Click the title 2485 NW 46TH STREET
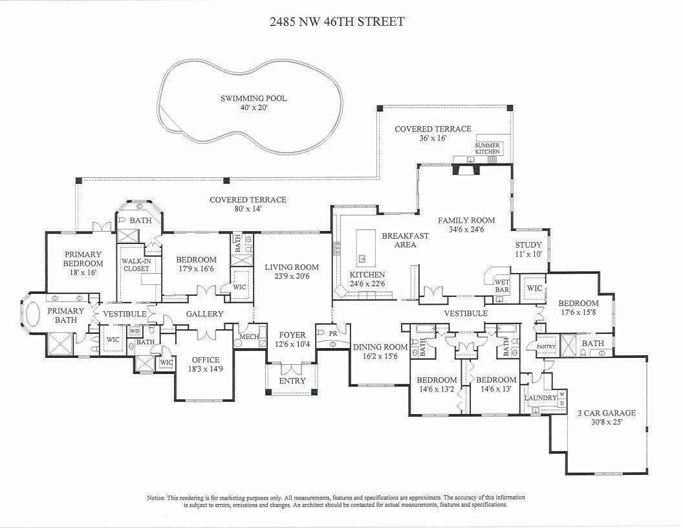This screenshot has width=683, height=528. click(336, 21)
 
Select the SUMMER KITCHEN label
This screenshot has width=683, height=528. click(487, 148)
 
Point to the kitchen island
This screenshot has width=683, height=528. click(364, 246)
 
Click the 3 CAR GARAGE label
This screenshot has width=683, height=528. click(607, 413)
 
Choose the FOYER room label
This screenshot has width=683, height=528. click(292, 335)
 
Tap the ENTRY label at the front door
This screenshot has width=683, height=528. click(292, 380)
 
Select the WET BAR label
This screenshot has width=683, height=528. click(502, 286)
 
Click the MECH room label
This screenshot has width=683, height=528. click(248, 336)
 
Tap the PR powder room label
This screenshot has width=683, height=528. click(333, 333)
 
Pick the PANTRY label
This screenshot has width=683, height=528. click(546, 347)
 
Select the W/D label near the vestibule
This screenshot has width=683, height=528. click(135, 330)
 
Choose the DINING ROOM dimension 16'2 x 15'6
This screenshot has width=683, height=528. click(380, 356)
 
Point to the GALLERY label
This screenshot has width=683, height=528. click(204, 314)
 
